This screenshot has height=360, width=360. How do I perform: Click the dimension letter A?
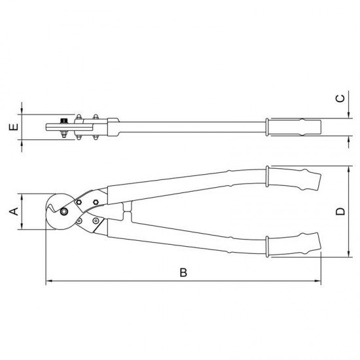[x=11, y=211]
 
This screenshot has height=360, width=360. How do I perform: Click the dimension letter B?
[x=184, y=272]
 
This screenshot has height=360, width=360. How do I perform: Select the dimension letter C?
[x=340, y=99]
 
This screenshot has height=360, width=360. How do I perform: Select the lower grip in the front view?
[x=295, y=245]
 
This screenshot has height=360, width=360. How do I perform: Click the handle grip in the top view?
[x=294, y=126]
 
